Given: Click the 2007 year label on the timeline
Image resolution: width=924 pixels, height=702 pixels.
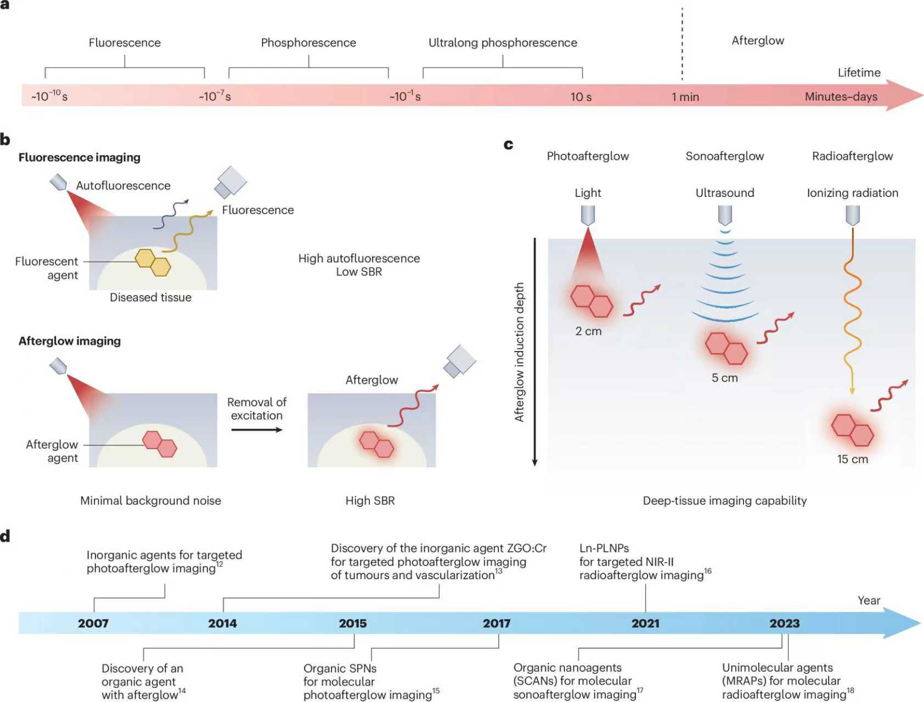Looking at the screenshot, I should tap(93, 624).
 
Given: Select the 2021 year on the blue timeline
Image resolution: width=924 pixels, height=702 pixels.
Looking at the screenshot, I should tap(645, 624).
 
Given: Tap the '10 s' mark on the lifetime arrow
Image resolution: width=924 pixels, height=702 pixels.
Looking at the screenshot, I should tap(581, 97).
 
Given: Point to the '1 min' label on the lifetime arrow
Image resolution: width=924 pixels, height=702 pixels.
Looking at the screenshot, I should tap(685, 97).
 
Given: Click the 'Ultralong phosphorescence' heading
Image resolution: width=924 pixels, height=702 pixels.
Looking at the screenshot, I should tap(503, 43).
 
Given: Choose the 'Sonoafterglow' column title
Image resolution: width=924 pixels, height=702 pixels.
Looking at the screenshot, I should tap(724, 156).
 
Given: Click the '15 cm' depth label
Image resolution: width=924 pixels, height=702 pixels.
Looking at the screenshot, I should tap(852, 460).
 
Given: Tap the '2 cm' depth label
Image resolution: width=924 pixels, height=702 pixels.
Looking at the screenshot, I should tap(588, 331).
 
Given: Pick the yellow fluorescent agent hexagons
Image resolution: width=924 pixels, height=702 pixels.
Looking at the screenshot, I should tap(153, 262).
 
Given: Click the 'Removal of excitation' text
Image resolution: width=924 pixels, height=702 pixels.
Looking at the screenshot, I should tap(257, 409).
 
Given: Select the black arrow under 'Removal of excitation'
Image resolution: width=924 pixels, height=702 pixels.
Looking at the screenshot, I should tap(257, 429).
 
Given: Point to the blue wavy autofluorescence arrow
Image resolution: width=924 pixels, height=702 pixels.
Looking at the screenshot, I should tap(170, 214).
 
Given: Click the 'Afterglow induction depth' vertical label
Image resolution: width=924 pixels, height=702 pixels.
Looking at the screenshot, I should tap(519, 352).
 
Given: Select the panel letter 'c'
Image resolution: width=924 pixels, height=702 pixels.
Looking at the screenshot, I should tap(509, 144).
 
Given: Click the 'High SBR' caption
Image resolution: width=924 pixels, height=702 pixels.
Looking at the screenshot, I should tap(370, 501).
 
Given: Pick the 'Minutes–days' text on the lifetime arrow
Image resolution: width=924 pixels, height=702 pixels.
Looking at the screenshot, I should tap(841, 97).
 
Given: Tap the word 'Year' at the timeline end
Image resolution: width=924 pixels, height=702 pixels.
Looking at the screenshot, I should tap(869, 601).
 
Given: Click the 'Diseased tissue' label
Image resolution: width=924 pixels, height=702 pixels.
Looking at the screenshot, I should tap(150, 297).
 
